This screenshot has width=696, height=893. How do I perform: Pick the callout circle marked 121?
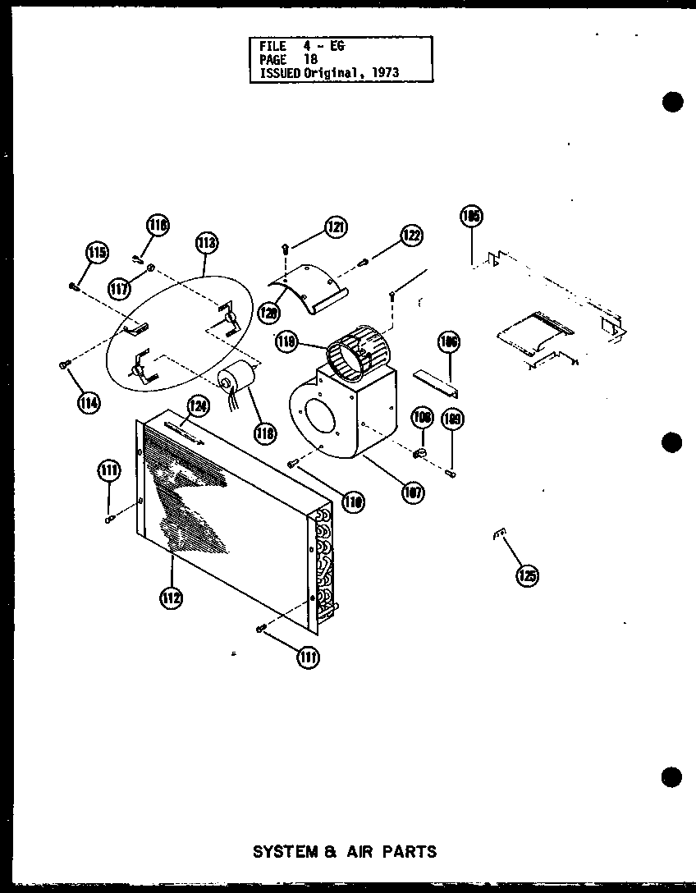point(334,227)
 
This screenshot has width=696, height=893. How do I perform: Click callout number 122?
point(411,236)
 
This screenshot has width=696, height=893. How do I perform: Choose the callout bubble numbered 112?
point(172,598)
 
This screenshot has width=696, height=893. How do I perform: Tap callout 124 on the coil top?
point(199,405)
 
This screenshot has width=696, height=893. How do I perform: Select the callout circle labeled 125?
point(528,575)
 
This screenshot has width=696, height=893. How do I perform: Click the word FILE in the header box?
point(273,47)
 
